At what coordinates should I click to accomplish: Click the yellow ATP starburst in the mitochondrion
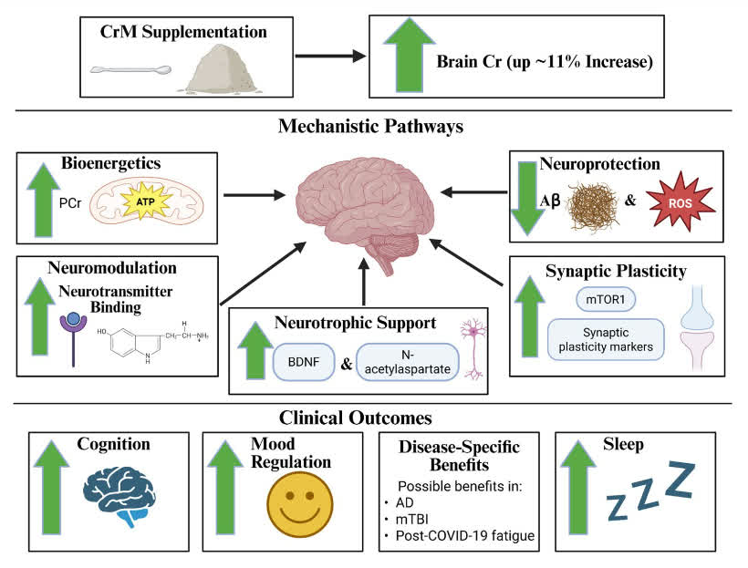click(146, 202)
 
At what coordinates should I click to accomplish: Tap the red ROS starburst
click(680, 202)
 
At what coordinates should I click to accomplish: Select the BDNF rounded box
click(304, 362)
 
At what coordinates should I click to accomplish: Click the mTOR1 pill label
click(606, 300)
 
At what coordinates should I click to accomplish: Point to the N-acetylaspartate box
click(408, 362)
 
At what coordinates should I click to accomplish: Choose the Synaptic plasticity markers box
click(606, 339)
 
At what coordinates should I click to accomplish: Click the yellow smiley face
click(299, 504)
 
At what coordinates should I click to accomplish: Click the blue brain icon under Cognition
click(119, 495)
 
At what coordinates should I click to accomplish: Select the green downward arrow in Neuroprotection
click(527, 198)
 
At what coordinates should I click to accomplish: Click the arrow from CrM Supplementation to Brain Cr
click(330, 56)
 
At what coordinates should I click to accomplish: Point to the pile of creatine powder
click(221, 68)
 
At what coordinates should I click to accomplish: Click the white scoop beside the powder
click(130, 70)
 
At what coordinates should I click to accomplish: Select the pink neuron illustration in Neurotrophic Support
click(473, 349)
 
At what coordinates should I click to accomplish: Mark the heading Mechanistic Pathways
click(370, 126)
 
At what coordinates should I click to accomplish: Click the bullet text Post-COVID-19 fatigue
click(465, 535)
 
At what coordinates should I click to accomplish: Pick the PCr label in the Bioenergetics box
click(70, 203)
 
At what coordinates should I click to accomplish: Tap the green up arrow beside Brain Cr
click(410, 55)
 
